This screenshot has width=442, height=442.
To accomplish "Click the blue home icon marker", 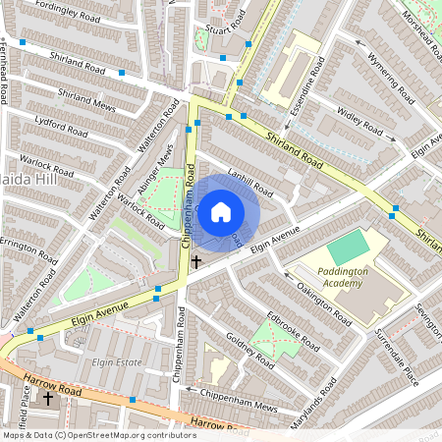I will tap(221, 210).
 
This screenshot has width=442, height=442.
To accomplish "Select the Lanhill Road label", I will tap(249, 178).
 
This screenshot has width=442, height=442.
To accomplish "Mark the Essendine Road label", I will tap(303, 90).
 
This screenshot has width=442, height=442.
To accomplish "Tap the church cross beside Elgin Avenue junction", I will tap(196, 261).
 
